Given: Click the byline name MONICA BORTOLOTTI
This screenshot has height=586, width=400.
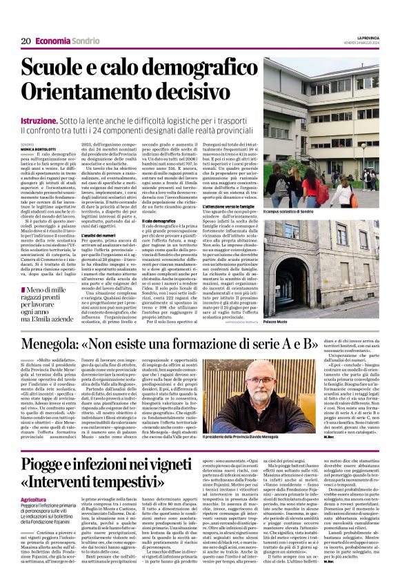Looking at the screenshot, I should click(40, 148).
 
